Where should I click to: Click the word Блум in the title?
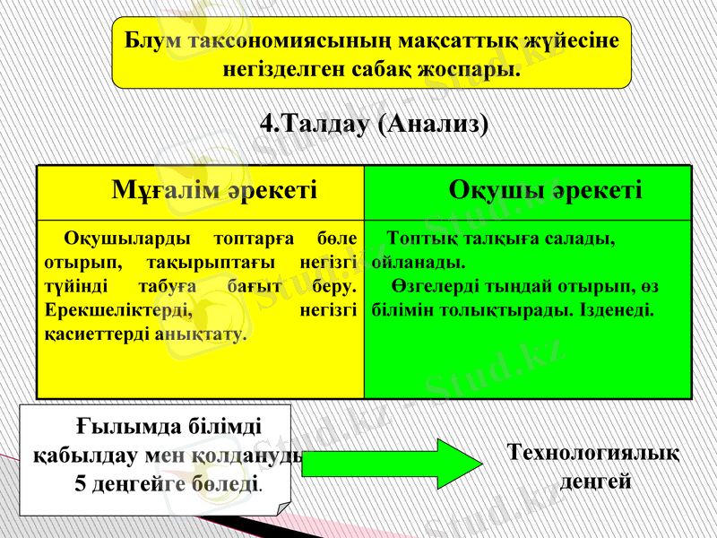pyautogui.click(x=149, y=40)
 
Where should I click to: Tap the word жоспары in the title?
pyautogui.click(x=471, y=68)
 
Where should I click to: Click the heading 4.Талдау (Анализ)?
pyautogui.click(x=374, y=123)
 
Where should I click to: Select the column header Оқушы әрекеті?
pyautogui.click(x=545, y=190)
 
